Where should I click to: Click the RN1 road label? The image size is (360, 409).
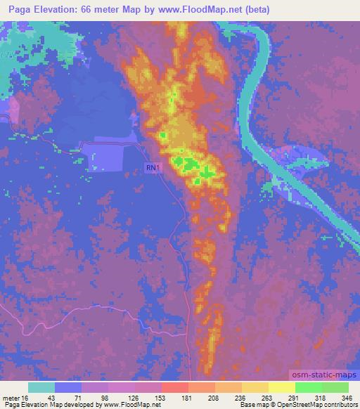pos(152,167)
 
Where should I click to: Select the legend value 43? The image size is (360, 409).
pos(41,397)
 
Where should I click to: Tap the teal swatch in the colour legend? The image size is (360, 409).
pos(41,387)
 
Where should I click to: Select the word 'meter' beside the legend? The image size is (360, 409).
pos(11,397)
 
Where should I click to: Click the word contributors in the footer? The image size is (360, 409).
pos(342,405)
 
